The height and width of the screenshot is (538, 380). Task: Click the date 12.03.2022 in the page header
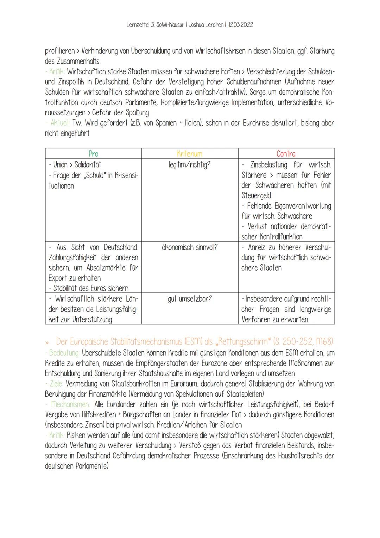tap(241, 25)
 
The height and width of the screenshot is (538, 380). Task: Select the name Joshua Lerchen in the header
tap(205, 25)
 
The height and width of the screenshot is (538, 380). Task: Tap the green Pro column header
tap(93, 154)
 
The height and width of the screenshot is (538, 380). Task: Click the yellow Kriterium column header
tap(190, 154)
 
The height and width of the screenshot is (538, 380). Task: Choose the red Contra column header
tap(286, 154)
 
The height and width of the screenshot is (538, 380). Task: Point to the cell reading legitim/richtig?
tap(190, 165)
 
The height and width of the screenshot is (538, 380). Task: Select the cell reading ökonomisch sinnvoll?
tap(190, 247)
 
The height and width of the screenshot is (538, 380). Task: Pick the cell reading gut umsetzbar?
tap(190, 299)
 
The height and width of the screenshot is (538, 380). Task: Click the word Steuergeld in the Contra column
tap(256, 196)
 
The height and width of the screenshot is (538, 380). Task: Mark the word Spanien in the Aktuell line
tap(164, 123)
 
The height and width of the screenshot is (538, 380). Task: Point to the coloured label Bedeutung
tap(64, 353)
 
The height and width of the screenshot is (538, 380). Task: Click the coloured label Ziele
tap(56, 383)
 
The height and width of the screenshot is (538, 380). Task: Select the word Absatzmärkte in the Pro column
tap(105, 268)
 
